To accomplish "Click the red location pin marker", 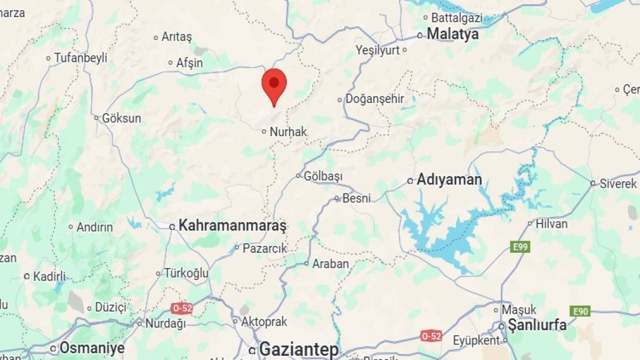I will (x=274, y=85).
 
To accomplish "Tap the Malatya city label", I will (x=453, y=34).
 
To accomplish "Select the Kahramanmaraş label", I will (x=233, y=226).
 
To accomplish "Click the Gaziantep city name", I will (x=299, y=350).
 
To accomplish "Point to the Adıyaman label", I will (x=449, y=180).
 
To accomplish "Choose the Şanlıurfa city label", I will (x=537, y=325).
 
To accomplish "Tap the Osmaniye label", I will (x=92, y=348).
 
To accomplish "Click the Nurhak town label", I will (x=288, y=131).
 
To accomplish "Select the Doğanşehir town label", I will (x=375, y=99).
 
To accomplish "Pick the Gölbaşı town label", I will (x=323, y=175).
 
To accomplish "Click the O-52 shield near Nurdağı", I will (x=181, y=308).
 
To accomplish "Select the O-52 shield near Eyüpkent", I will (x=431, y=335).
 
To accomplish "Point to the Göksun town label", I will (x=122, y=118).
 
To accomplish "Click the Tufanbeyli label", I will (x=81, y=58).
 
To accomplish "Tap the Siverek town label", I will (x=618, y=183).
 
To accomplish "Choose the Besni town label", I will (x=356, y=198).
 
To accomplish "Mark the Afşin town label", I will (x=189, y=63).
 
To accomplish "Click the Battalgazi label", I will (x=457, y=18).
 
